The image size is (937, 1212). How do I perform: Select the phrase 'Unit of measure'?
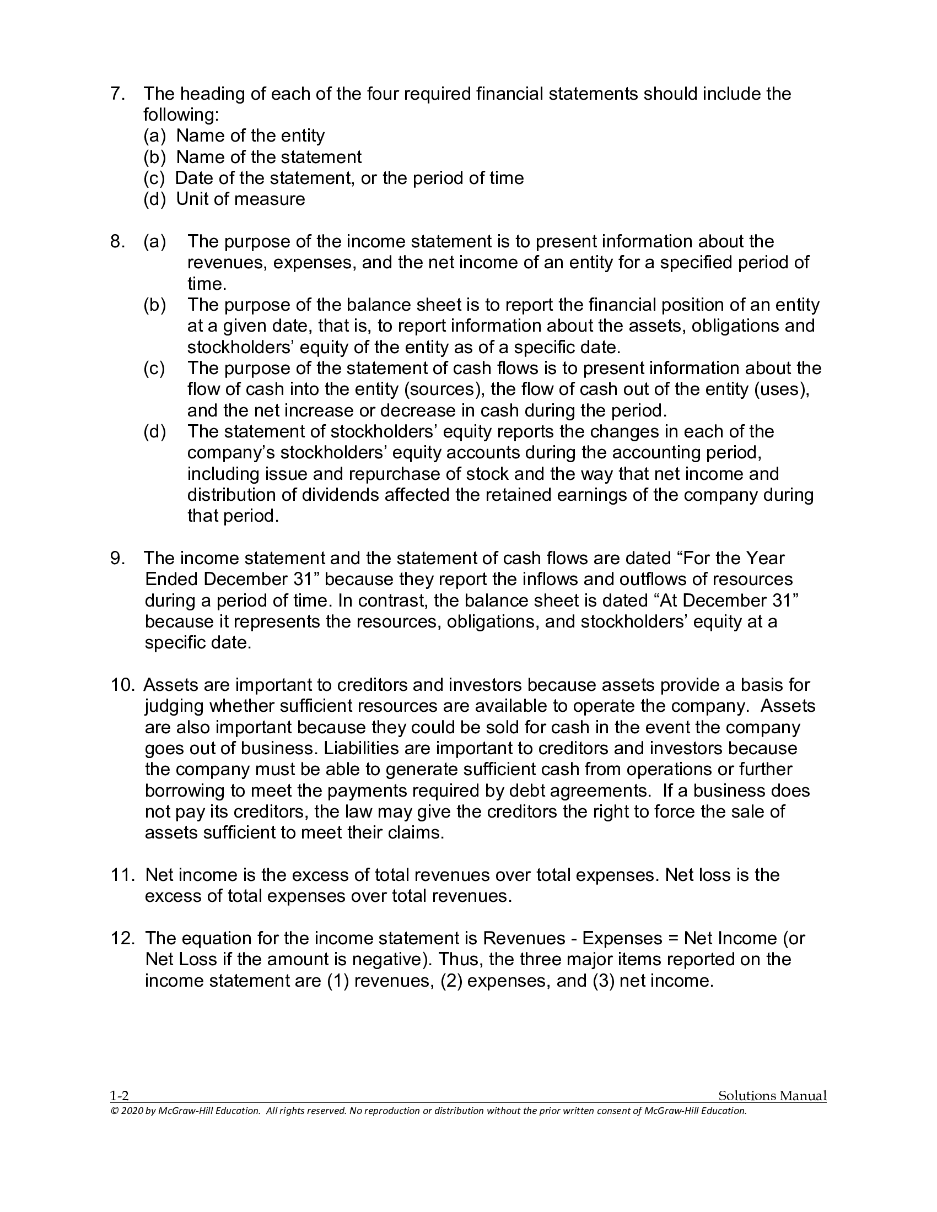point(240,199)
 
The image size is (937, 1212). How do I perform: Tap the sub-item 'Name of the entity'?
point(250,136)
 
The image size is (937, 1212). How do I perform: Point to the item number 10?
point(122,685)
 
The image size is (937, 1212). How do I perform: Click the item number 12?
point(122,938)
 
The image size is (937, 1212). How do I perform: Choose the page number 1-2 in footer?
point(120,1096)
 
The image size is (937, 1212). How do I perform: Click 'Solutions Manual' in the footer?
point(772,1096)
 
